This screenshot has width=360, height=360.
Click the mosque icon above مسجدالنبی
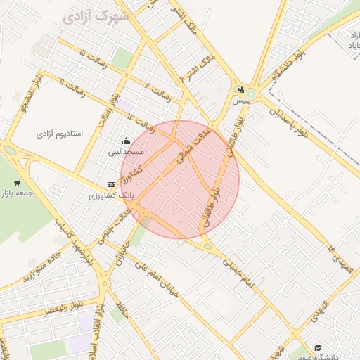coord(126,141)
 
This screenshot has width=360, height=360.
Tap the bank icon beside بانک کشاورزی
coord(110,184)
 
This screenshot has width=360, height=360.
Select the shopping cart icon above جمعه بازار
coord(16,183)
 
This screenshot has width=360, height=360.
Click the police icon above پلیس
coord(241,89)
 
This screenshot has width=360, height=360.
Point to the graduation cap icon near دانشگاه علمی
coord(318,347)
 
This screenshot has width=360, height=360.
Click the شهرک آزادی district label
coord(96,15)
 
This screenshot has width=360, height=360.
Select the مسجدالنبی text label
coord(126,151)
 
